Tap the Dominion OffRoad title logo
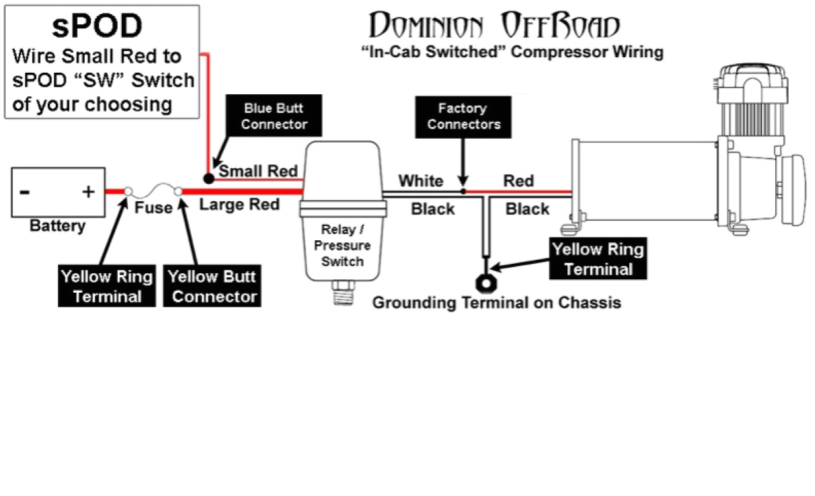(x=494, y=27)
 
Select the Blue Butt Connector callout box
(x=274, y=116)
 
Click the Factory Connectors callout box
(x=463, y=116)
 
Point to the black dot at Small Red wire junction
(x=209, y=178)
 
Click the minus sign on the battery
(x=24, y=192)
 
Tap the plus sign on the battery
(x=88, y=192)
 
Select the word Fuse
(x=153, y=208)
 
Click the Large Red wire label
(x=239, y=205)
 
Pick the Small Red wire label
(x=258, y=172)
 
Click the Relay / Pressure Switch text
(x=342, y=246)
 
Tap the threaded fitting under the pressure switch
(x=343, y=294)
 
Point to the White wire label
(x=420, y=181)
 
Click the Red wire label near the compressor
(x=519, y=180)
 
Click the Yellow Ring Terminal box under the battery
(x=106, y=287)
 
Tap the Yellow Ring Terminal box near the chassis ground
(x=598, y=259)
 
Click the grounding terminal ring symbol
(x=485, y=280)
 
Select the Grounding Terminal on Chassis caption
(x=496, y=302)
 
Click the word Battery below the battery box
(x=57, y=226)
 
